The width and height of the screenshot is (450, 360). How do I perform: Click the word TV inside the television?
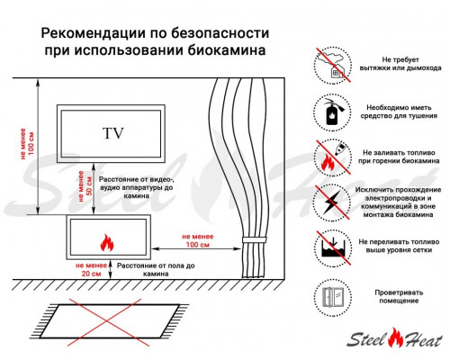click(113, 134)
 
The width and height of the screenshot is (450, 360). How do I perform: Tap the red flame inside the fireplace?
click(105, 242)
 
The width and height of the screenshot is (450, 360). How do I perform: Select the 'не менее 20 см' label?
click(91, 269)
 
